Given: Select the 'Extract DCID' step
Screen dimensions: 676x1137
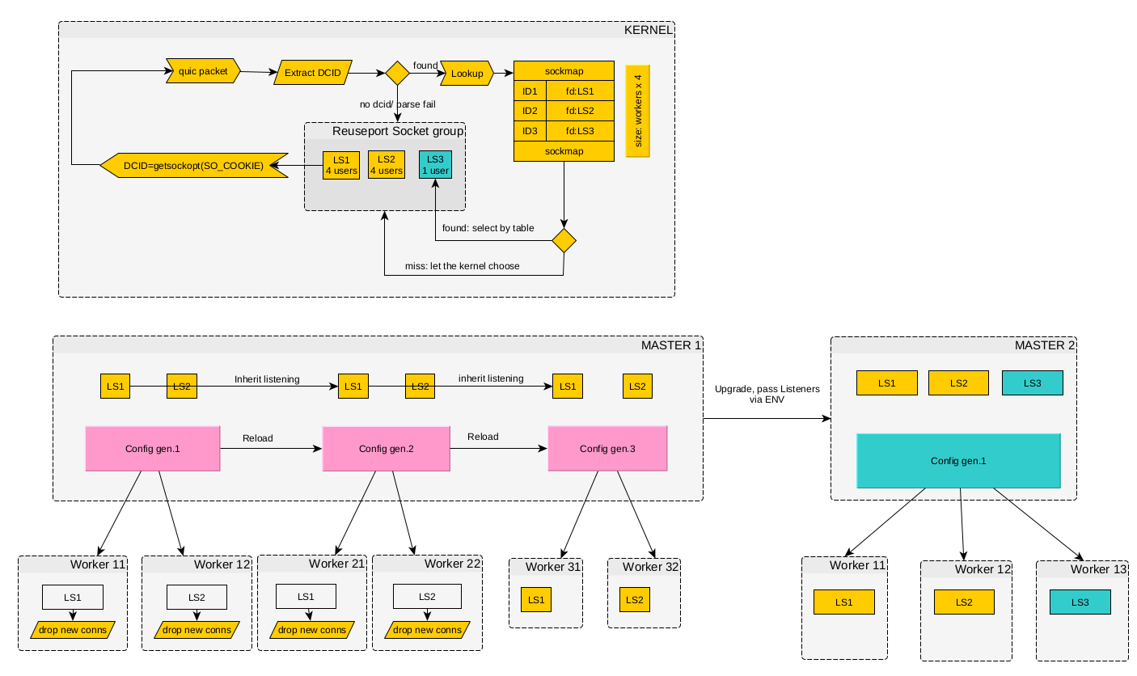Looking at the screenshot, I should pos(312,73).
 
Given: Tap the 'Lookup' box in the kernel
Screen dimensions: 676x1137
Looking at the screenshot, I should pos(467,74).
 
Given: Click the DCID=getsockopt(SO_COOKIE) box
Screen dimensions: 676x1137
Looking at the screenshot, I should pos(194,165).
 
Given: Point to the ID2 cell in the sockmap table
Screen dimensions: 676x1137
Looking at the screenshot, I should pos(530,111).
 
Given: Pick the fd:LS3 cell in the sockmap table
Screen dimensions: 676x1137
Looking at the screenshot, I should pos(580,131).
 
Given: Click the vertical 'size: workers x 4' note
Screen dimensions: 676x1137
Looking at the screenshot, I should pos(638,111).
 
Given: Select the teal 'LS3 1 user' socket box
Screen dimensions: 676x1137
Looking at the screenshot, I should pos(435,165).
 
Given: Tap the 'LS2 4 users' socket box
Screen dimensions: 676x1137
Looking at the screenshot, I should pos(386,165).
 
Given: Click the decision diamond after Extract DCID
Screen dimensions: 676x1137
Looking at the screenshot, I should pos(397,74).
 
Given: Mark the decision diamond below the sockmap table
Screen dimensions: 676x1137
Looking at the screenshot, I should pos(564,240).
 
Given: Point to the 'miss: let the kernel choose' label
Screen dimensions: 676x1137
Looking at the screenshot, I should pos(462,266).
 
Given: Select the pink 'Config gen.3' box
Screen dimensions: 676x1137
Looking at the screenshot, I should pos(607,449).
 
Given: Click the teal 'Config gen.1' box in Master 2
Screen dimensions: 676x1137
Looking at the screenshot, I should pos(958,461).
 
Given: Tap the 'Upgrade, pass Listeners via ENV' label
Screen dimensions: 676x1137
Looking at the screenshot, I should pos(767,394).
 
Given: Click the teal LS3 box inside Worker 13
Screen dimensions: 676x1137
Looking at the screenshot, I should pos(1080,602).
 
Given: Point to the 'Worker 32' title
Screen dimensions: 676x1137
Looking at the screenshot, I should pos(650,567).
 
